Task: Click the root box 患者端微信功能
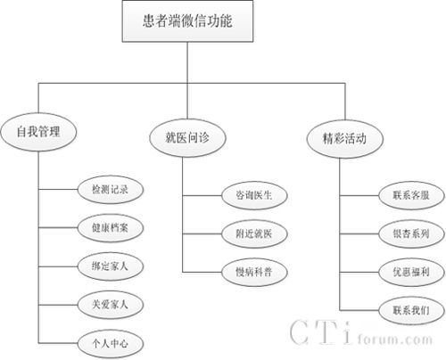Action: click(x=187, y=21)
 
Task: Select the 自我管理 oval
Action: click(x=38, y=132)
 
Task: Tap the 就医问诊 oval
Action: click(x=187, y=138)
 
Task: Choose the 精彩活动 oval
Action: click(x=345, y=139)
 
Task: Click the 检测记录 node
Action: click(x=111, y=189)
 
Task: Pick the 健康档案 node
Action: click(x=111, y=228)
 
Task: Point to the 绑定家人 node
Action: click(x=111, y=266)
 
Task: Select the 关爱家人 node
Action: click(x=111, y=305)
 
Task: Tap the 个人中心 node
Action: click(x=111, y=344)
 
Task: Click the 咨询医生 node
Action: click(x=254, y=195)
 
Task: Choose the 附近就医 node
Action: click(x=254, y=233)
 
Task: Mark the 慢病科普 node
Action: click(x=254, y=272)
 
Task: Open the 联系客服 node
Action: click(x=411, y=195)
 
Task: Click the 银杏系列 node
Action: click(x=411, y=233)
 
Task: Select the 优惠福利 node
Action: click(x=411, y=272)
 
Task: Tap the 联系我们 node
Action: click(x=411, y=310)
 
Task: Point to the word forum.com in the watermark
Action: click(x=395, y=339)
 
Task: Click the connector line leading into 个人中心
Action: click(x=58, y=343)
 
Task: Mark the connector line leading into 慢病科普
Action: click(x=202, y=272)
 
